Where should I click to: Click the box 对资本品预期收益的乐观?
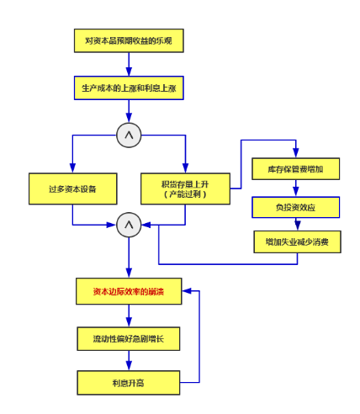129,40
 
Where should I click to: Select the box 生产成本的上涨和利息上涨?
129,88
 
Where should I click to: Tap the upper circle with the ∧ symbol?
129,135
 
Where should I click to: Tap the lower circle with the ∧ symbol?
129,225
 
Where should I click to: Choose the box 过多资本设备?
73,188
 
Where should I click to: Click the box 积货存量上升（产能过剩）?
185,188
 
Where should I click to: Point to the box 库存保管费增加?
296,168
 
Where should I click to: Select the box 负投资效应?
296,207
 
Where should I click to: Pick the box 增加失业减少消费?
298,241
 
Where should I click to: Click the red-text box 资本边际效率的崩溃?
129,291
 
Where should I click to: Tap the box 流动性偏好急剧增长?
129,338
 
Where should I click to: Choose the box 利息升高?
129,383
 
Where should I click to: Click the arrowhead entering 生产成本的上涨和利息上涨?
129,72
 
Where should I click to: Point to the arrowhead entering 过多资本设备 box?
72,168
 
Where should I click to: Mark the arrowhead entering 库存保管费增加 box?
296,153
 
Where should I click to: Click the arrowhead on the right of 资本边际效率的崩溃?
187,291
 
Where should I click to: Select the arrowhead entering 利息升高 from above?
129,366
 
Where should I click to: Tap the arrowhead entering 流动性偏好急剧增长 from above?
129,322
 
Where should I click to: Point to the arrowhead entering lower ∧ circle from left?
112,225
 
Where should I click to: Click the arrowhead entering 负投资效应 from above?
296,192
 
